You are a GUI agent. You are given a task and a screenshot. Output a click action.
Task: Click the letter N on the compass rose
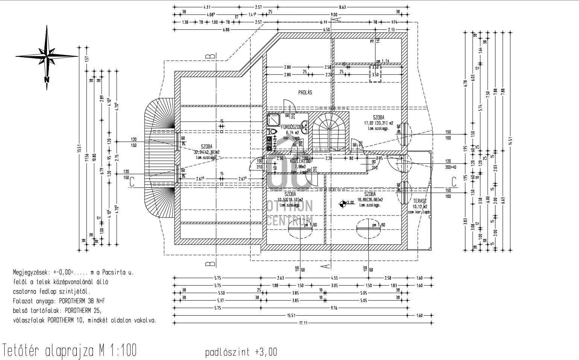tap(47, 79)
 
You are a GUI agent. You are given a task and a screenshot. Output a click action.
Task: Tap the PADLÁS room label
tap(305, 92)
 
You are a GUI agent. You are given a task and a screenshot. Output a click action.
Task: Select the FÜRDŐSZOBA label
tap(292, 127)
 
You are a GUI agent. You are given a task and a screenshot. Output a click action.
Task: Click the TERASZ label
tap(419, 201)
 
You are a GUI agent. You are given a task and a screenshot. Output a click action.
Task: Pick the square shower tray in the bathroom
tap(274, 120)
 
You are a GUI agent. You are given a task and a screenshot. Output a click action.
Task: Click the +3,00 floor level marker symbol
tap(342, 204)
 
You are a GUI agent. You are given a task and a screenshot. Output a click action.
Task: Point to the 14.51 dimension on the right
tap(511, 141)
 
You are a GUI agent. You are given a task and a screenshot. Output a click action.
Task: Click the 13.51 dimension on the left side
tap(79, 149)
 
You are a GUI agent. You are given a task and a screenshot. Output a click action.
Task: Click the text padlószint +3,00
tap(241, 352)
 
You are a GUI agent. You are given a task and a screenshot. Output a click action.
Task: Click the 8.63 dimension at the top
tap(342, 7)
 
